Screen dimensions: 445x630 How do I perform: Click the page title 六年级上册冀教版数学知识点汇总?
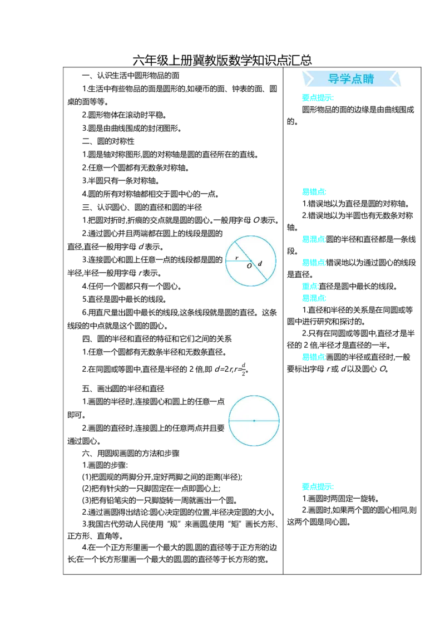[222, 60]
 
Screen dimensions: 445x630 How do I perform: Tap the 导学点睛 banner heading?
[351, 79]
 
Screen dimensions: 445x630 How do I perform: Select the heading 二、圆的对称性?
[108, 141]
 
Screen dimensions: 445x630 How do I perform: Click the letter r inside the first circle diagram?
[236, 258]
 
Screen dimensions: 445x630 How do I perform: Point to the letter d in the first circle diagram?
[260, 264]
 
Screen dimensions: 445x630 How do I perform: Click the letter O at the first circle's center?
[249, 266]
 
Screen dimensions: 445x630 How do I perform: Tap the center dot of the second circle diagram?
[254, 421]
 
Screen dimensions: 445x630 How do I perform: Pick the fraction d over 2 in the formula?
[244, 370]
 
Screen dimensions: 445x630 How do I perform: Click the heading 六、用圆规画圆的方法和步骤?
[131, 454]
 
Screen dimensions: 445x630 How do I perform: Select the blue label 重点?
[310, 287]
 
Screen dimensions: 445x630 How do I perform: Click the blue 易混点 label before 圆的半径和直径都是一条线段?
[314, 239]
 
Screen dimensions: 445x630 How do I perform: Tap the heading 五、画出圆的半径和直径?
[123, 388]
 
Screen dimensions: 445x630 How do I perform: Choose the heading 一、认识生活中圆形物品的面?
[131, 76]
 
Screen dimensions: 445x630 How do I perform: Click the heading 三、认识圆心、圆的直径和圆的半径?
[142, 208]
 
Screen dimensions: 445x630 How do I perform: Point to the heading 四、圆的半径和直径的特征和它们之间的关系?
[157, 339]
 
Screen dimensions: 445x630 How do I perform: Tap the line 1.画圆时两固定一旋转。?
[340, 499]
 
